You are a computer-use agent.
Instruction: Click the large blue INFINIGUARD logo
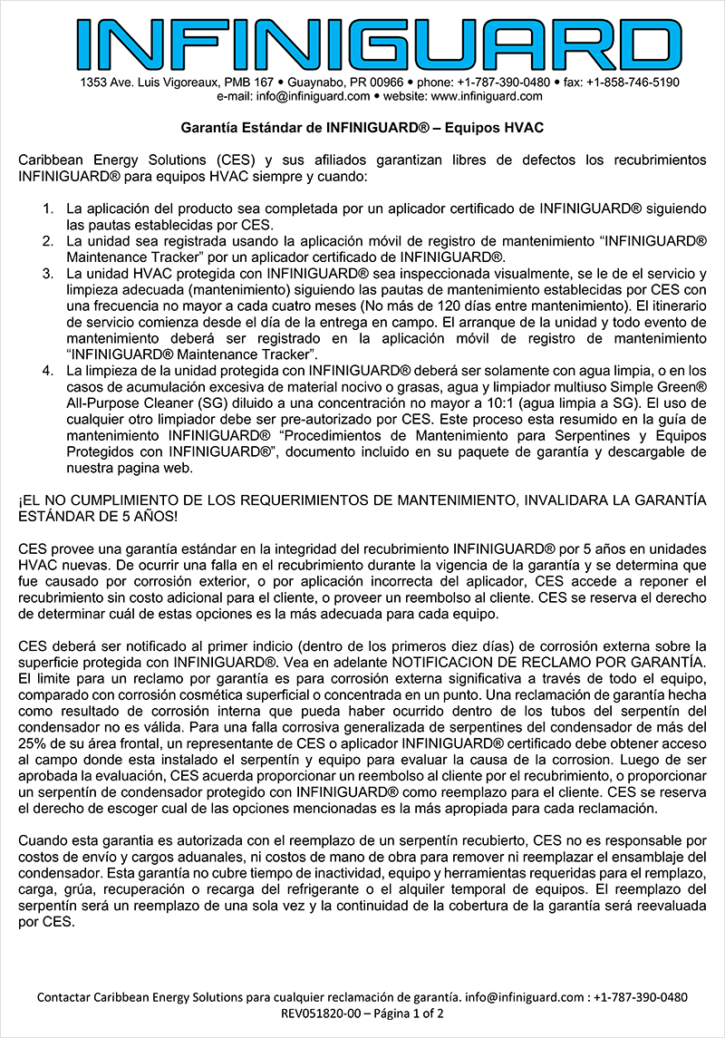pos(362,39)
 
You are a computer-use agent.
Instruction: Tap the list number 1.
pos(50,209)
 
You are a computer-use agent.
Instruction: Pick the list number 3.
pos(50,273)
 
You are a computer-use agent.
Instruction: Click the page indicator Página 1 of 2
pos(407,1013)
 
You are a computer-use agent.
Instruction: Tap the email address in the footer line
pos(513,996)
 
